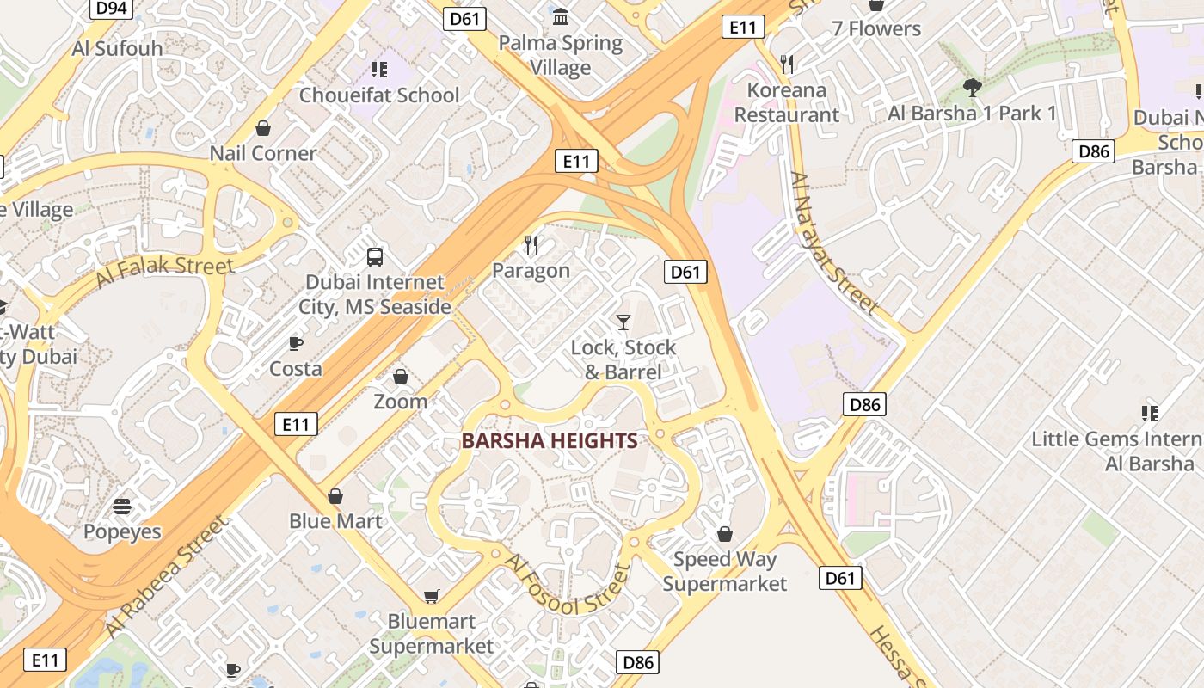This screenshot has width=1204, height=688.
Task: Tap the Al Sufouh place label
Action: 118,48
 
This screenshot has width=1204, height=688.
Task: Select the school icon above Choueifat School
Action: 379,69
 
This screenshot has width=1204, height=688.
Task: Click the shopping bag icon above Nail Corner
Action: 263,128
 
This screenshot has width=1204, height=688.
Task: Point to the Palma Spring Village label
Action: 561,55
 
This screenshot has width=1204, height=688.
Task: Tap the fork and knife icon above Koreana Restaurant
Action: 786,63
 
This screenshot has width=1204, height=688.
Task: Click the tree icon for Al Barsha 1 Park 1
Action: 973,87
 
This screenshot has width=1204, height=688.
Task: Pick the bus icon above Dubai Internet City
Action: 375,256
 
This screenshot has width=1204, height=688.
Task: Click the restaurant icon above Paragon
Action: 531,245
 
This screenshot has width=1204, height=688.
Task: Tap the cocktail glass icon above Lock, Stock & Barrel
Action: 623,322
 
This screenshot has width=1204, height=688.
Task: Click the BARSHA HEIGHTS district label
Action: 550,441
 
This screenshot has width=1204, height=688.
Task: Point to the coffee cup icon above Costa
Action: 296,344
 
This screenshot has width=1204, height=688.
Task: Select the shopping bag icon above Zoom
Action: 401,377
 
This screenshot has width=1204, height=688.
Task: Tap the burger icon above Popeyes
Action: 122,506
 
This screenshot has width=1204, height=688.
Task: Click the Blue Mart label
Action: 335,521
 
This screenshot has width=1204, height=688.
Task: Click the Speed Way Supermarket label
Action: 725,571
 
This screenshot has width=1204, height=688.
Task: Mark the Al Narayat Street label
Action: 833,243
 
